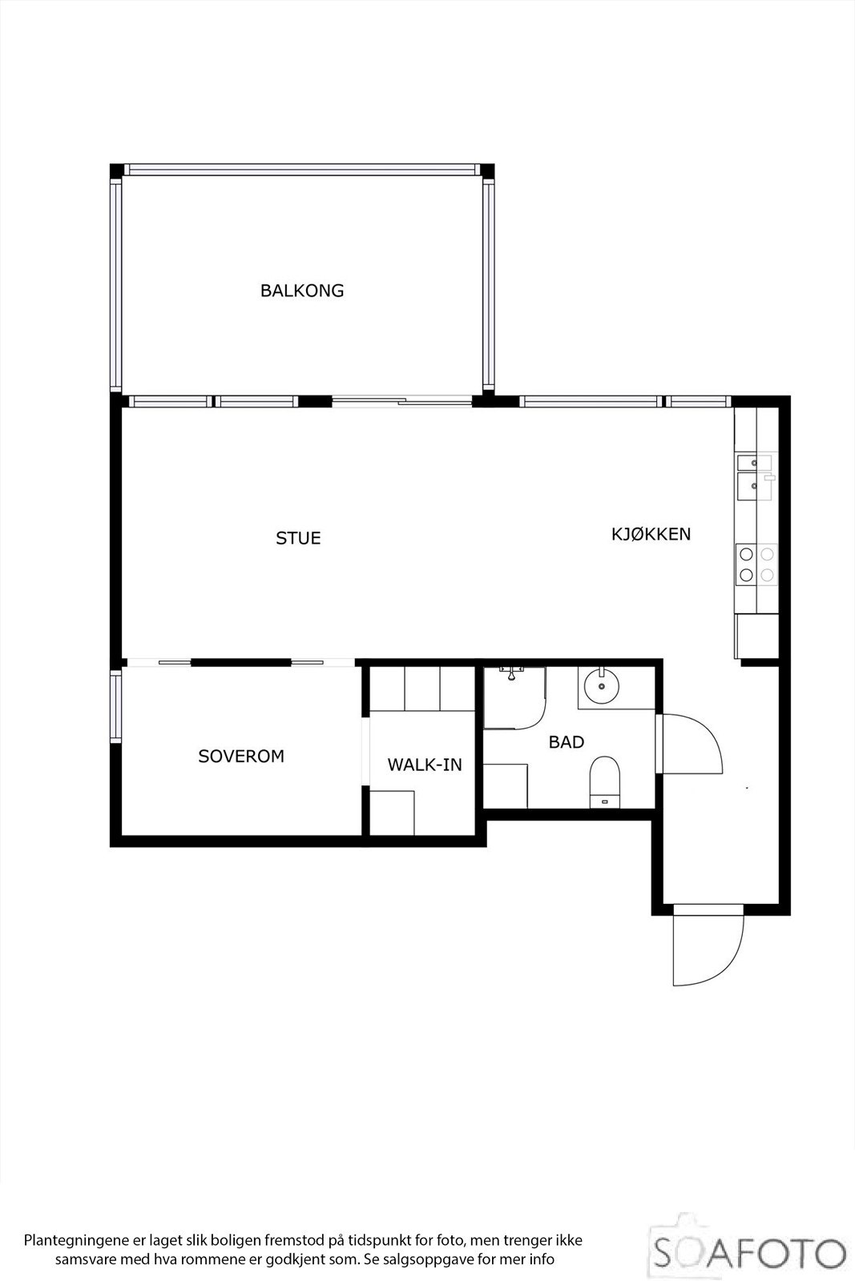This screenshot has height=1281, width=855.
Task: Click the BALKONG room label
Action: (x=302, y=291)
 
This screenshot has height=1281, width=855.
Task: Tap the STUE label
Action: (x=298, y=538)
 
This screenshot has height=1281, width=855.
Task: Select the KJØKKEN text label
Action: (x=651, y=534)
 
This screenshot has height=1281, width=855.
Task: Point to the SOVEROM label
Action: (x=241, y=756)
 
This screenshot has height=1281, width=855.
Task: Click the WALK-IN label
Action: (x=425, y=765)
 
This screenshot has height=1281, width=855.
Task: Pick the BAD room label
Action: (x=566, y=742)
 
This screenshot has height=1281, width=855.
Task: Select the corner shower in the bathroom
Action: (x=514, y=697)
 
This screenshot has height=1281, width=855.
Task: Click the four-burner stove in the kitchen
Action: (x=756, y=564)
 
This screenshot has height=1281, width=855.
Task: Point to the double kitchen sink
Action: (x=753, y=474)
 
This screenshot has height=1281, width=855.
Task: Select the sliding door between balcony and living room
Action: (x=402, y=401)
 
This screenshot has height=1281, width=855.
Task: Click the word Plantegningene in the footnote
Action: (x=73, y=1241)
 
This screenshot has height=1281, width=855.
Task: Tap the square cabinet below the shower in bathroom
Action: (x=506, y=785)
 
